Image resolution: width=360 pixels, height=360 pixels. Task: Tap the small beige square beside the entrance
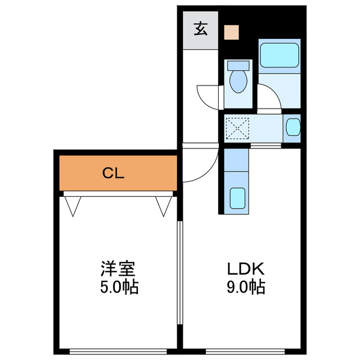231,31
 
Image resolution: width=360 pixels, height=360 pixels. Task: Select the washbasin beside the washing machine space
292,127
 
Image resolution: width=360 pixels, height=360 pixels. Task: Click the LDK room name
245,269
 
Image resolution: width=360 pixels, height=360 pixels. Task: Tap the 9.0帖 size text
245,287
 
